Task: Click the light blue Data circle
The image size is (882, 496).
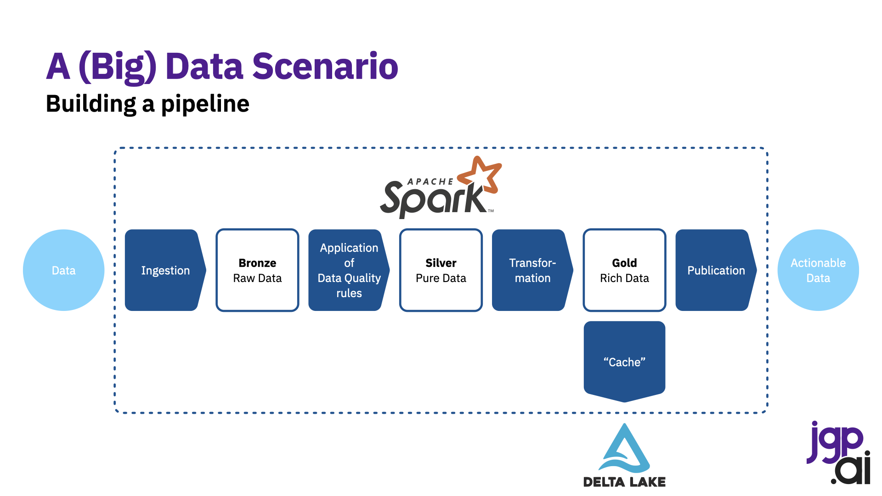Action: pyautogui.click(x=63, y=270)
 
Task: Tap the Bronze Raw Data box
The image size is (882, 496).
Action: pyautogui.click(x=257, y=270)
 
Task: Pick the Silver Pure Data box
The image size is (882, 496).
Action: pyautogui.click(x=441, y=270)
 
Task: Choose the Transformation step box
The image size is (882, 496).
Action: pyautogui.click(x=532, y=270)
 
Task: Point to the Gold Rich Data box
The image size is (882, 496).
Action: pyautogui.click(x=624, y=270)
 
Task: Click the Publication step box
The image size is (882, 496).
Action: pyautogui.click(x=716, y=270)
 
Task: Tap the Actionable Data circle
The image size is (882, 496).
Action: pyautogui.click(x=818, y=270)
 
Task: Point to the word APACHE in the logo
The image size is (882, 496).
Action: pyautogui.click(x=430, y=181)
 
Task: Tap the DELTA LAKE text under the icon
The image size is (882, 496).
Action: pyautogui.click(x=624, y=482)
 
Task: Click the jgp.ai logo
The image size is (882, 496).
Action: pyautogui.click(x=839, y=452)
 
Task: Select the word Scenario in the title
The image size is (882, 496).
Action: pyautogui.click(x=325, y=66)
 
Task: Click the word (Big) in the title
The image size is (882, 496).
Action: pyautogui.click(x=118, y=68)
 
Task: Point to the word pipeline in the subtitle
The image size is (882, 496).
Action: pyautogui.click(x=205, y=104)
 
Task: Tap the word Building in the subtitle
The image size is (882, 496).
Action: pyautogui.click(x=91, y=104)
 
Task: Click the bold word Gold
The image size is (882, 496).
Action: pyautogui.click(x=624, y=263)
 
